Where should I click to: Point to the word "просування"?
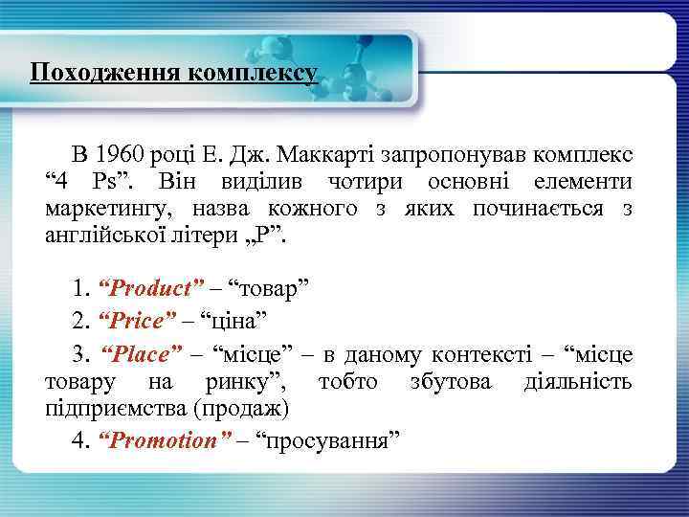point(328,441)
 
